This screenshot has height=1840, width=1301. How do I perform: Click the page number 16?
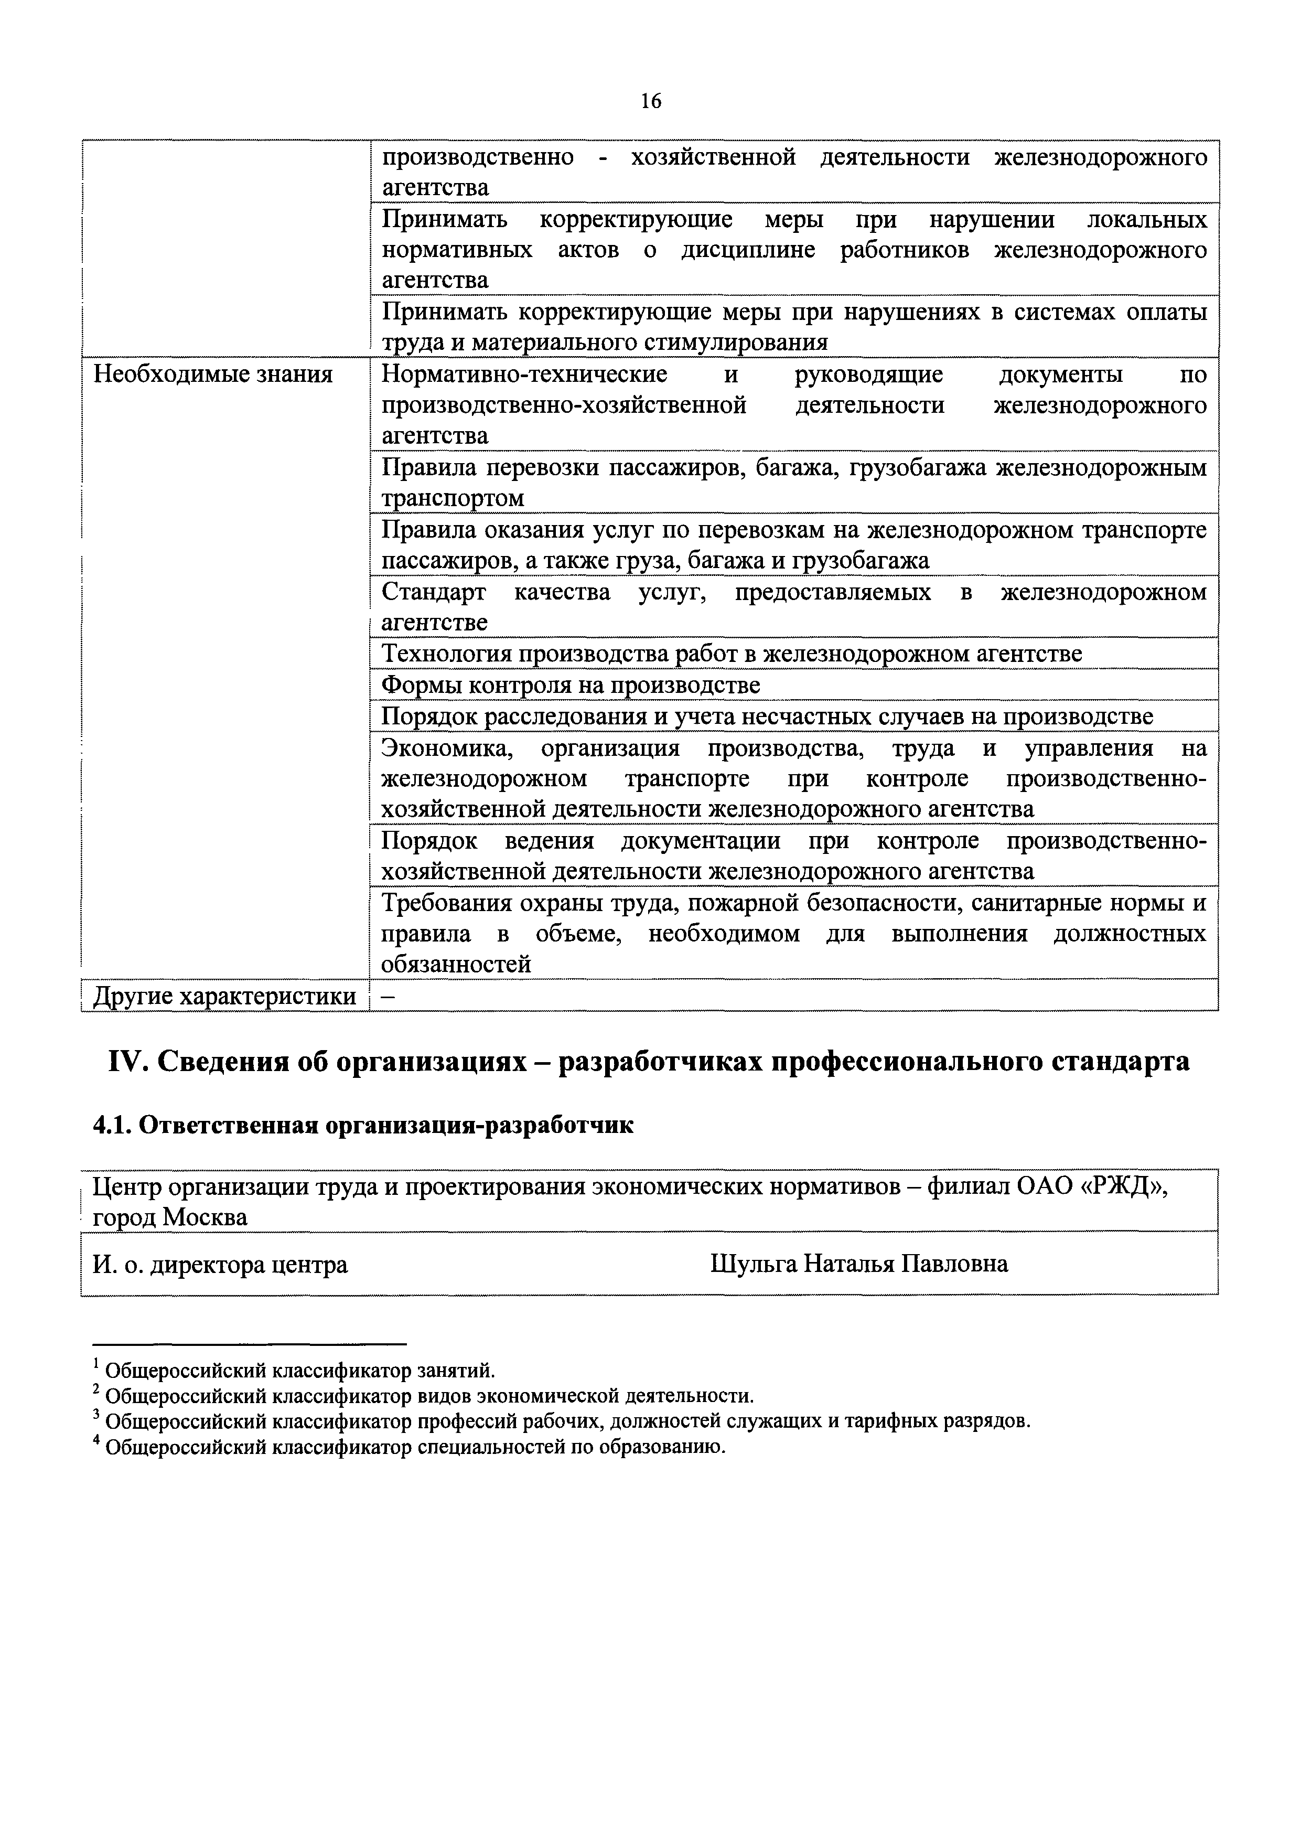tap(650, 101)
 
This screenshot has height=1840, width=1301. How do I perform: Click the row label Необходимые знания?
tap(213, 375)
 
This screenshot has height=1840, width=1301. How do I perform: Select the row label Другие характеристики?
tap(224, 996)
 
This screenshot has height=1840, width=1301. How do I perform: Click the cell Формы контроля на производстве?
tap(571, 685)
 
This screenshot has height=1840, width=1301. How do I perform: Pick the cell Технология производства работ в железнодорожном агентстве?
tap(732, 654)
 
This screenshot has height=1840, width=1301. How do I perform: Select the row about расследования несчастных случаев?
tap(767, 715)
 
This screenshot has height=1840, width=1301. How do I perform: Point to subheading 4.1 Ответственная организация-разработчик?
tap(363, 1125)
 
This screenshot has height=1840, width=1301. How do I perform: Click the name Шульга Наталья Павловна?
tap(859, 1264)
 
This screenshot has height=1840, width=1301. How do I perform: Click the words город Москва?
tap(170, 1217)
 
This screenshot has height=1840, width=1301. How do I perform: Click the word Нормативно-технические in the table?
tap(524, 375)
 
